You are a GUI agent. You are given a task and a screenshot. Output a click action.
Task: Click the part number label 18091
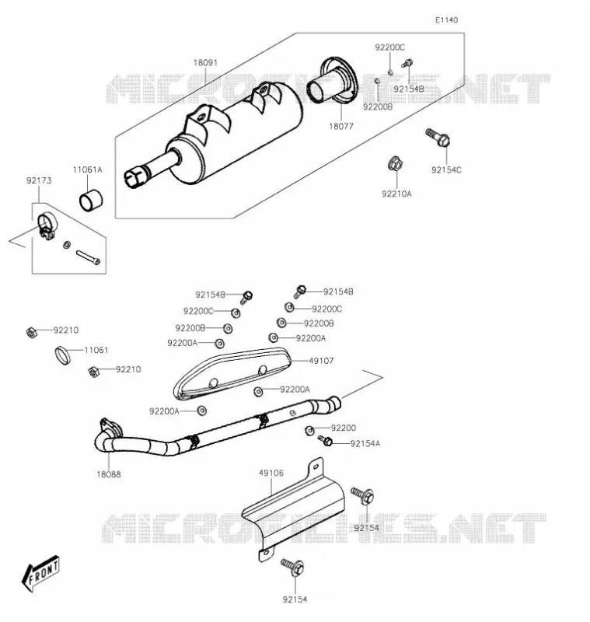(x=205, y=63)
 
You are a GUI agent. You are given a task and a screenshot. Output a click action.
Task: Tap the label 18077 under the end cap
(x=341, y=126)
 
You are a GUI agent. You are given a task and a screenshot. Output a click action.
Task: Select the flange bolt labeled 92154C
(x=438, y=137)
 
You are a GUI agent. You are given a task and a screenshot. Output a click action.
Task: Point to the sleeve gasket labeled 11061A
(x=91, y=201)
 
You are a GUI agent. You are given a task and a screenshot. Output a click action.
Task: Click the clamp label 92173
(x=39, y=180)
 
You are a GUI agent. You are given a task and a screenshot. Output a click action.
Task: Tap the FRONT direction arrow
(x=40, y=573)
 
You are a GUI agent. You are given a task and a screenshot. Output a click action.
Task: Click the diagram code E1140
(x=446, y=20)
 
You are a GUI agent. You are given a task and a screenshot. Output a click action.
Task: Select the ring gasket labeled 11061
(x=63, y=355)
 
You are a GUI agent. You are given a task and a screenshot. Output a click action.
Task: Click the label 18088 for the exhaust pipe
(x=109, y=474)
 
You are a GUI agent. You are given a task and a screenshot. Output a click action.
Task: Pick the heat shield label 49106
(x=271, y=473)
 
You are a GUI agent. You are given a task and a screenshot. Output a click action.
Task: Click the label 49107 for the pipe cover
(x=321, y=361)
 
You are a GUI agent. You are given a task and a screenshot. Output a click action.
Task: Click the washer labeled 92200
(x=309, y=431)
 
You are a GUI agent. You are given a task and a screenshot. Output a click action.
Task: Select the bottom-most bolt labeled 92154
(x=293, y=567)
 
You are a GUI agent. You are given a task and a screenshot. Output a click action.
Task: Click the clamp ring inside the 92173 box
(x=47, y=225)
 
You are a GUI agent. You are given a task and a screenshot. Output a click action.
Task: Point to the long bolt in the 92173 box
(x=88, y=257)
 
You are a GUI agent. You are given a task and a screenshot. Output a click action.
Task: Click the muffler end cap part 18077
(x=332, y=82)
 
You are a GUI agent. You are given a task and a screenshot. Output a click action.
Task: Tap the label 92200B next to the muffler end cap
(x=378, y=107)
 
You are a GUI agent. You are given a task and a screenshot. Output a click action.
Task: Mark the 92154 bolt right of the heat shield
(x=362, y=496)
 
